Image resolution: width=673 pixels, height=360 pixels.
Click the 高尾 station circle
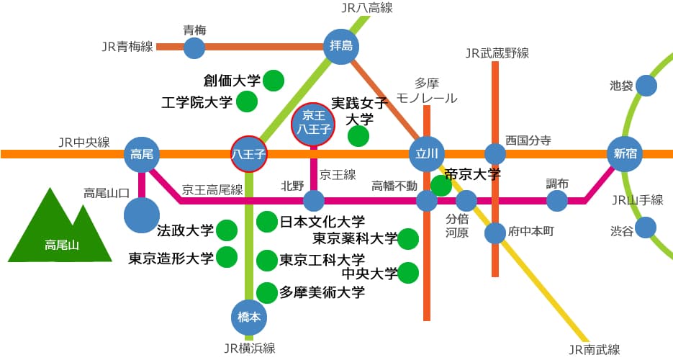(x=142, y=153)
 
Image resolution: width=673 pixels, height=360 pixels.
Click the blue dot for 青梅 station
(x=194, y=48)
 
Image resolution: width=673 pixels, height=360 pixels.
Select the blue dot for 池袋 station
(x=646, y=86)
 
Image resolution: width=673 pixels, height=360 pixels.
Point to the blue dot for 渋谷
(x=646, y=228)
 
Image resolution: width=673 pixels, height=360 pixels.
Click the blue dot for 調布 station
(x=557, y=200)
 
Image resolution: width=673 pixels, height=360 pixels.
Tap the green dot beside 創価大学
(x=273, y=81)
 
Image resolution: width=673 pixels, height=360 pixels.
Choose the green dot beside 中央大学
(x=408, y=273)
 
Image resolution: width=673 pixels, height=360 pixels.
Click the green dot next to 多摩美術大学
(x=267, y=292)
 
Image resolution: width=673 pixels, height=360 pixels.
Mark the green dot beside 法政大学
(x=227, y=230)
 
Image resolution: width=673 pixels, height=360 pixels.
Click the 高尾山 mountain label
(x=60, y=245)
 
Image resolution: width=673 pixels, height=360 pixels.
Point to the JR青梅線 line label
(x=127, y=47)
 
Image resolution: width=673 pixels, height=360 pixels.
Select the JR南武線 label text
(x=594, y=350)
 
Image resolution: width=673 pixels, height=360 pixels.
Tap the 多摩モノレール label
(x=427, y=91)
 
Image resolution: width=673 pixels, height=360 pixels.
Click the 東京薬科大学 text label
(x=355, y=238)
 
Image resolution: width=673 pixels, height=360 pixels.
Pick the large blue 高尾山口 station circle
(x=143, y=215)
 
